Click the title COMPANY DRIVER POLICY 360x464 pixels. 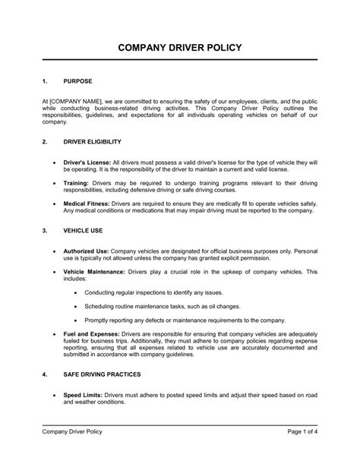(179, 47)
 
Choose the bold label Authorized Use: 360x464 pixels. (87, 250)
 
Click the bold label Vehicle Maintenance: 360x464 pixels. (93, 270)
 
